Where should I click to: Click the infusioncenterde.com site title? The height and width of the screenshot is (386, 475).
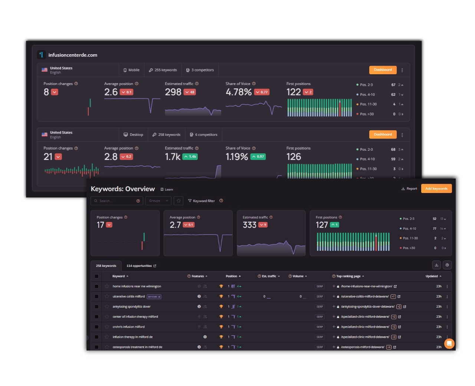pyautogui.click(x=73, y=55)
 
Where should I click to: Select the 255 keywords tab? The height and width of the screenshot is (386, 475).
pyautogui.click(x=163, y=70)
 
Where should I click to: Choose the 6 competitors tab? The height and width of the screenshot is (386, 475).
pyautogui.click(x=203, y=134)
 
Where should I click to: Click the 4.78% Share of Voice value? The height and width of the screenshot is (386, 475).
pyautogui.click(x=239, y=92)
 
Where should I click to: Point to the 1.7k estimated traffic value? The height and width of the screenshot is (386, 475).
pyautogui.click(x=173, y=157)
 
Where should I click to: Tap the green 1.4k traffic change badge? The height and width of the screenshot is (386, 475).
pyautogui.click(x=190, y=157)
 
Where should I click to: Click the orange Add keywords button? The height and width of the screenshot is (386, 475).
pyautogui.click(x=436, y=189)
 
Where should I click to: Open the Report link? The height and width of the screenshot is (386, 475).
pyautogui.click(x=409, y=189)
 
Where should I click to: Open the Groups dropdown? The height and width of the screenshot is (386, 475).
pyautogui.click(x=158, y=201)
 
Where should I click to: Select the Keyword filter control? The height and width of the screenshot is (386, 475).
pyautogui.click(x=202, y=201)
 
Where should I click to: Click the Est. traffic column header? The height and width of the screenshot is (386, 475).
pyautogui.click(x=269, y=276)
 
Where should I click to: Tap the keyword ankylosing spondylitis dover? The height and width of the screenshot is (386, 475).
pyautogui.click(x=131, y=307)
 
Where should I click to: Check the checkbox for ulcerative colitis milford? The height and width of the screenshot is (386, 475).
pyautogui.click(x=96, y=297)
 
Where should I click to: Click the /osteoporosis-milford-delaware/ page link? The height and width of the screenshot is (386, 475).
pyautogui.click(x=363, y=347)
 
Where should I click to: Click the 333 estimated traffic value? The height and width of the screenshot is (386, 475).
pyautogui.click(x=249, y=225)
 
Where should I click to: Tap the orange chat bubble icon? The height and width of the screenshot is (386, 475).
pyautogui.click(x=449, y=344)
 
